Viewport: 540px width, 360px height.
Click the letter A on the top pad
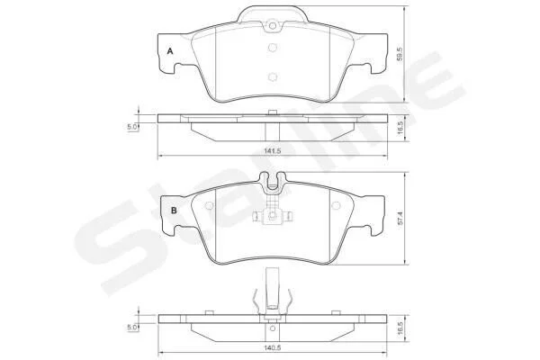click(170, 51)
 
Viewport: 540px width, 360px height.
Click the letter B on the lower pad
click(174, 210)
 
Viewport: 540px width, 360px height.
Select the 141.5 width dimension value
click(273, 151)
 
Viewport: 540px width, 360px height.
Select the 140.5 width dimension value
click(273, 348)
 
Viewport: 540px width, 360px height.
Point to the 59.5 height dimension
click(400, 54)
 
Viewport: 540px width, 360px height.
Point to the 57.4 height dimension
click(400, 219)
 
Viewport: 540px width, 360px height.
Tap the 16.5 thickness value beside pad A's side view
click(400, 129)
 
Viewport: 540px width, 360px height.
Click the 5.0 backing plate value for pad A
click(132, 127)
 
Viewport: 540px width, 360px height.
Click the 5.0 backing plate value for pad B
click(132, 328)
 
